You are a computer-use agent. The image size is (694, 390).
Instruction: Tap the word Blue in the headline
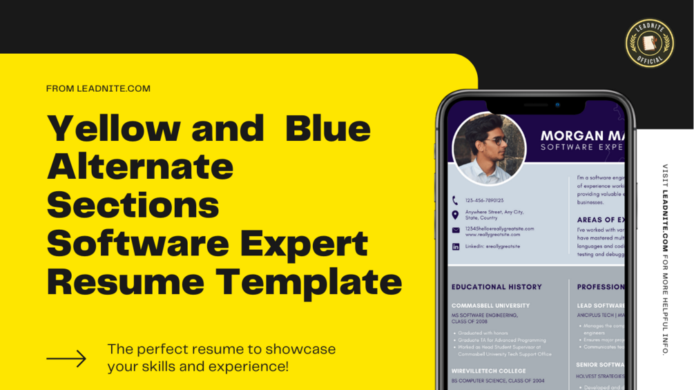328,128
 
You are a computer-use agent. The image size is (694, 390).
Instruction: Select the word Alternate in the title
140,166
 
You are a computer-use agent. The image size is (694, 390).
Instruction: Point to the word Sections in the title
133,205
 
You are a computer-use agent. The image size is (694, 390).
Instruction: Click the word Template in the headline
309,282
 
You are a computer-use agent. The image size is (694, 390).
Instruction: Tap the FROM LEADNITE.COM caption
98,88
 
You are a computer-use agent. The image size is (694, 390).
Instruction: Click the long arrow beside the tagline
66,358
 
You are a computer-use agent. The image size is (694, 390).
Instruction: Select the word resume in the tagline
205,349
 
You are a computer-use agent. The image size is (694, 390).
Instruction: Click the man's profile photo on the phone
488,149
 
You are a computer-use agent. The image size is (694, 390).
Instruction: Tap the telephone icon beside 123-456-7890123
455,200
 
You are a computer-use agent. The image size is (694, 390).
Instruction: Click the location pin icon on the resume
455,215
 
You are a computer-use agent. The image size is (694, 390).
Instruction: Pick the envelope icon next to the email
455,230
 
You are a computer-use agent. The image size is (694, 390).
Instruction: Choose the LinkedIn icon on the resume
455,246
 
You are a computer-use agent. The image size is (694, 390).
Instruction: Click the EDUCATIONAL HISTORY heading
497,286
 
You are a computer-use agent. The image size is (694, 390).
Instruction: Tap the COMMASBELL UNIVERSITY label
490,305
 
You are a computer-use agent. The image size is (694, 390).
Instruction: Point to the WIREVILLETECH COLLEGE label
488,371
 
